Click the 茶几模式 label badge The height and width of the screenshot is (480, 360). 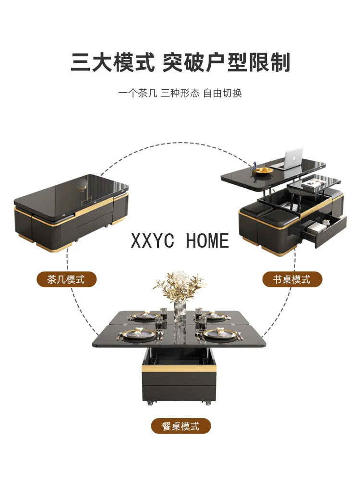pyautogui.click(x=66, y=279)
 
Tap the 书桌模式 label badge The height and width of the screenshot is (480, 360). pyautogui.click(x=292, y=279)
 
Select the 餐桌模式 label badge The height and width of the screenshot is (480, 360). pyautogui.click(x=180, y=426)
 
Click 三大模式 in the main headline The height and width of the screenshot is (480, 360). pyautogui.click(x=113, y=63)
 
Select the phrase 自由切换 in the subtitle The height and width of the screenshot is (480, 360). pyautogui.click(x=222, y=93)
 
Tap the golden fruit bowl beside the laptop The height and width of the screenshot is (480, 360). pyautogui.click(x=264, y=170)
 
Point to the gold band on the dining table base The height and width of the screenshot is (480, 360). pyautogui.click(x=179, y=369)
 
